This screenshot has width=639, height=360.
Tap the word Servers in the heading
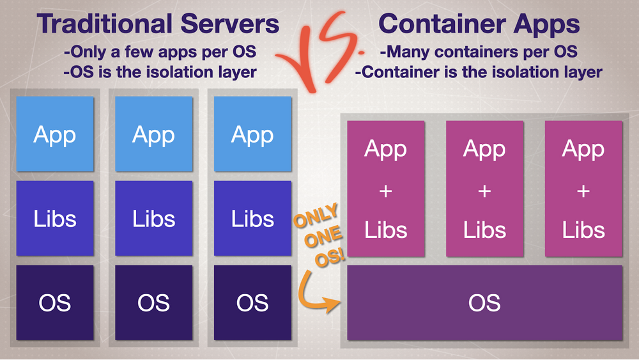(230, 24)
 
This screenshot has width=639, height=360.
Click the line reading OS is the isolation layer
(160, 72)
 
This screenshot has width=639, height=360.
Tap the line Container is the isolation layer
(479, 72)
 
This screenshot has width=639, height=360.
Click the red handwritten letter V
(300, 61)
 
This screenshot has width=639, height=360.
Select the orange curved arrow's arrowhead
(333, 304)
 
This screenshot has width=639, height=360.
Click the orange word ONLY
(316, 215)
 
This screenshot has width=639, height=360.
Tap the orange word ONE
(323, 237)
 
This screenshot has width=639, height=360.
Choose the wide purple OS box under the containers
(484, 302)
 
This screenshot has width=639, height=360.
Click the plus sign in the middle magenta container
(484, 191)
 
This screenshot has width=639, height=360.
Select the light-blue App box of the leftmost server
(55, 134)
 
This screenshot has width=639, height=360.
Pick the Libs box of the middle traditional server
(153, 218)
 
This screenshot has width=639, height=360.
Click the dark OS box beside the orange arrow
(252, 302)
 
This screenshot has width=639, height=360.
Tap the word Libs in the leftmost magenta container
(385, 230)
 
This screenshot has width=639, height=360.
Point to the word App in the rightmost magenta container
(583, 149)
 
